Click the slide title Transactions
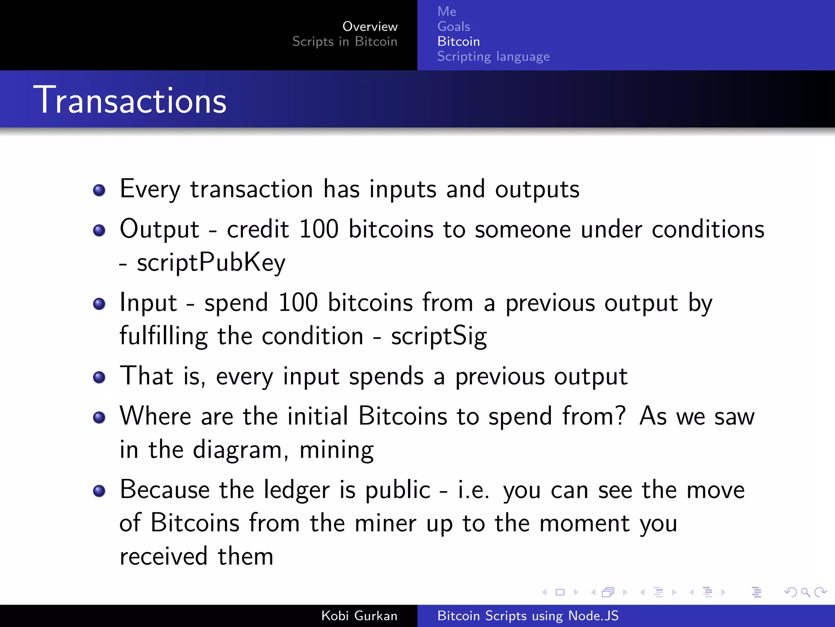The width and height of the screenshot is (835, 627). [x=130, y=100]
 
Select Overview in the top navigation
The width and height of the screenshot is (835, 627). [x=370, y=27]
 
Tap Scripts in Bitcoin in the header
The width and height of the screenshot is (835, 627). [x=345, y=42]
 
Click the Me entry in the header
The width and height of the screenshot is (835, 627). [x=446, y=11]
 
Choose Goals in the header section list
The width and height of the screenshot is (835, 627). [x=453, y=27]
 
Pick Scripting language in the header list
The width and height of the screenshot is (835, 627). [x=493, y=56]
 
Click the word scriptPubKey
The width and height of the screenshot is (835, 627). [x=211, y=262]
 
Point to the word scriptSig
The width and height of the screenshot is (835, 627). [x=439, y=336]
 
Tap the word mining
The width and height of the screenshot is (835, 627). [x=336, y=450]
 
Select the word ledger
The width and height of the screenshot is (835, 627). [x=296, y=490]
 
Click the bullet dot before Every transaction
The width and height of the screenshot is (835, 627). [x=99, y=190]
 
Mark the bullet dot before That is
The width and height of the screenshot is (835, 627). [x=99, y=377]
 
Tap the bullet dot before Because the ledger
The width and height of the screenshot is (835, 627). [x=99, y=491]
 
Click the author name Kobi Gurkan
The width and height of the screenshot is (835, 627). [x=359, y=616]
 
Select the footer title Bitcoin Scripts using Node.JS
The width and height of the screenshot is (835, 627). [x=528, y=616]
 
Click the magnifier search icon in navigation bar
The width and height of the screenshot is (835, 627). [x=805, y=592]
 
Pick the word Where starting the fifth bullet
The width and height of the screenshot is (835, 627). [x=155, y=417]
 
